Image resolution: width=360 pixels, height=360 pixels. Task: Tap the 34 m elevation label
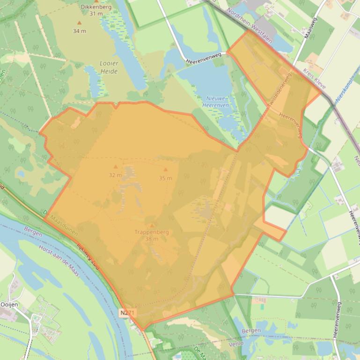pos(79,31)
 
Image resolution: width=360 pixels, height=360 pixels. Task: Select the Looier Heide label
pos(109,67)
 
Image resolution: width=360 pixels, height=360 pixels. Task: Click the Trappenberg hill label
pos(151,232)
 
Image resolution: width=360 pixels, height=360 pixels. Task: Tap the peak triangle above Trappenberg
pos(151,225)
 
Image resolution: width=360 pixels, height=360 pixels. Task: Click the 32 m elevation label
pos(115,175)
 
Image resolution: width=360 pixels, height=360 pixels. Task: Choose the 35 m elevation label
pos(165,178)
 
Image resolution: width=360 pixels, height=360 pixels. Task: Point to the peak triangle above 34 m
pos(79,22)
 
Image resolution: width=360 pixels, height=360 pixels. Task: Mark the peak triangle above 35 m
pos(165,170)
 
